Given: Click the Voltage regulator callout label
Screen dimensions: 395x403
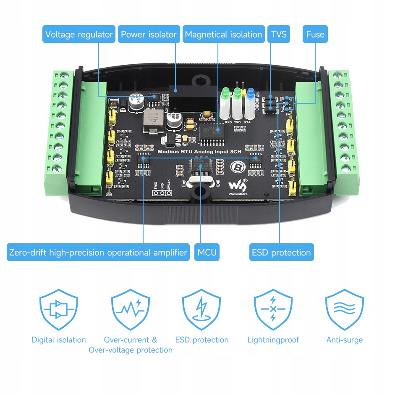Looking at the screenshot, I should point(79,34).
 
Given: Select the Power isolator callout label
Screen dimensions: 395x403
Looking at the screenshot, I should point(149,34).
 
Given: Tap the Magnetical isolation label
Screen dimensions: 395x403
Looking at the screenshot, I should point(223,34).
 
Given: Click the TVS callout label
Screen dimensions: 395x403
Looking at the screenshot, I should point(279,34).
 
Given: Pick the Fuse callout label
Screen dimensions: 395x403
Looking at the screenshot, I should point(315,34).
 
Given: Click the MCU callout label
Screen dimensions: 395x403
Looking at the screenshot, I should point(207,253).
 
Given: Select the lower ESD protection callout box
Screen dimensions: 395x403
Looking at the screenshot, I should point(281,253).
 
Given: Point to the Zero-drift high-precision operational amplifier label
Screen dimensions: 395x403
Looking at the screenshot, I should point(98,253).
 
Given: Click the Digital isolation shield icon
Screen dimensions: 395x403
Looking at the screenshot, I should point(59,310).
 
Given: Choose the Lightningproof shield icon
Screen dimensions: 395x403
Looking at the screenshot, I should point(273,310).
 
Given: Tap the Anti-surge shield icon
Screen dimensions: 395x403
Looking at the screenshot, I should point(344,310).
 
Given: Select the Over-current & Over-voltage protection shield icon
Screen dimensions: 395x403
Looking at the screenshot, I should point(130,310).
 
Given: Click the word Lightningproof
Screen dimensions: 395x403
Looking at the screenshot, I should point(273,340).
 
